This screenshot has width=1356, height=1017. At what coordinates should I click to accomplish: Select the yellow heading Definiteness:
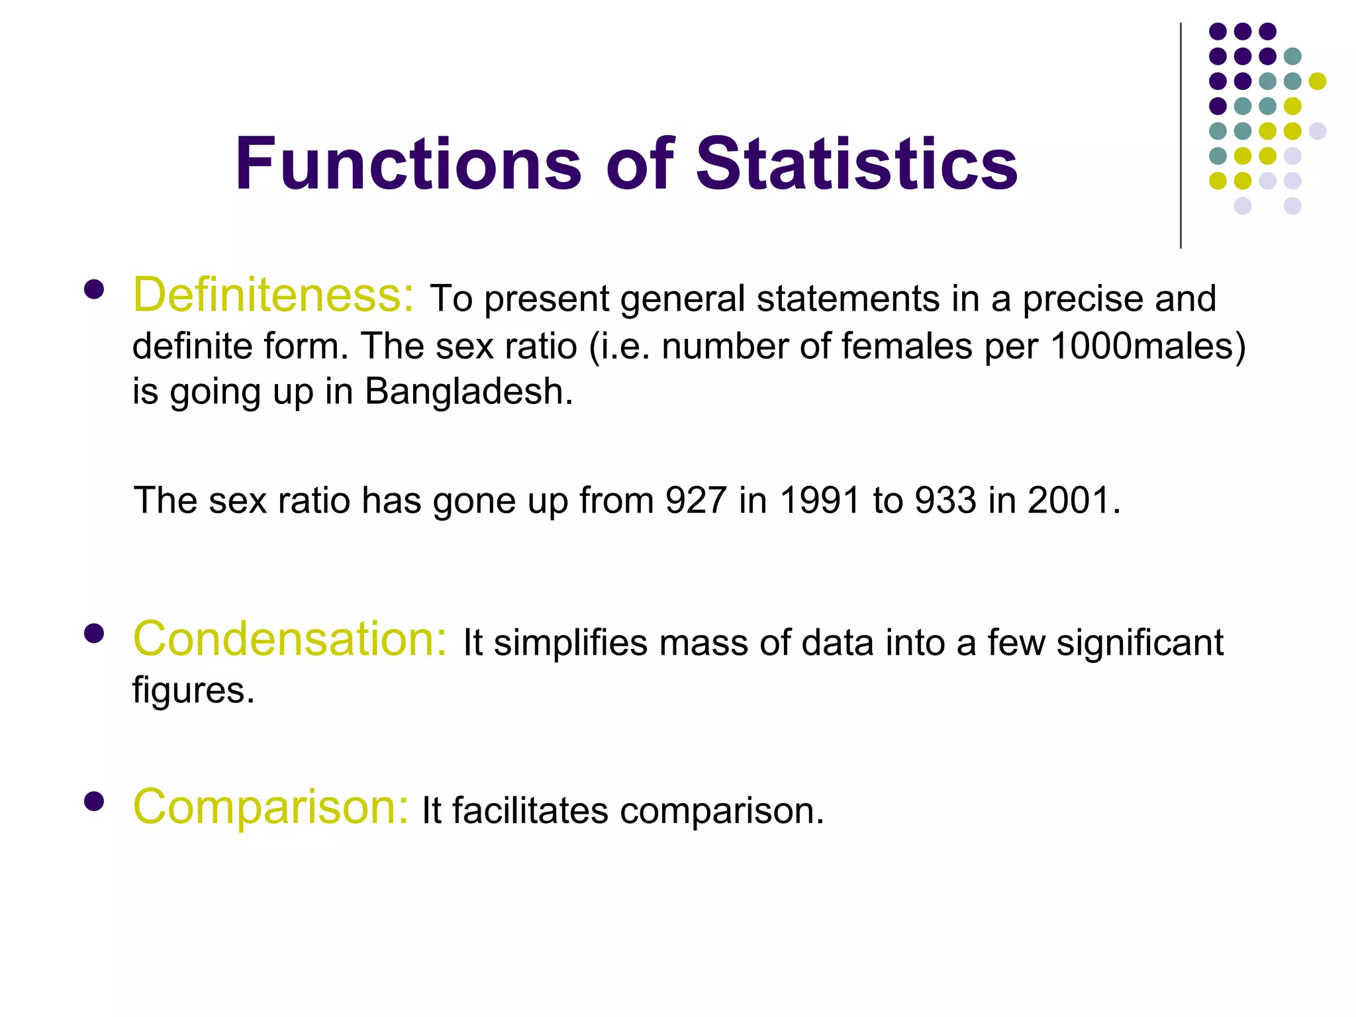(273, 295)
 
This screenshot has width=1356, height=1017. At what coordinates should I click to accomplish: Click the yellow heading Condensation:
(290, 639)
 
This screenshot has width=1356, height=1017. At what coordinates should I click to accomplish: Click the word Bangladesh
(468, 391)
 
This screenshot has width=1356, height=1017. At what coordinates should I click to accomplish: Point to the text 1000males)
(1147, 346)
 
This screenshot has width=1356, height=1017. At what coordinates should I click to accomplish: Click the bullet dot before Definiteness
(94, 290)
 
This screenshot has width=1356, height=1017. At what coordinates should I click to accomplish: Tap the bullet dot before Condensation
(94, 634)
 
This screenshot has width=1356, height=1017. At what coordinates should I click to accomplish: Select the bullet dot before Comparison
(94, 801)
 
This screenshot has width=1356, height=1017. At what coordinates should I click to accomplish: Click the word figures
(193, 691)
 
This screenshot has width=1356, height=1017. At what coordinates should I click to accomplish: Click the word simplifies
(570, 643)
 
